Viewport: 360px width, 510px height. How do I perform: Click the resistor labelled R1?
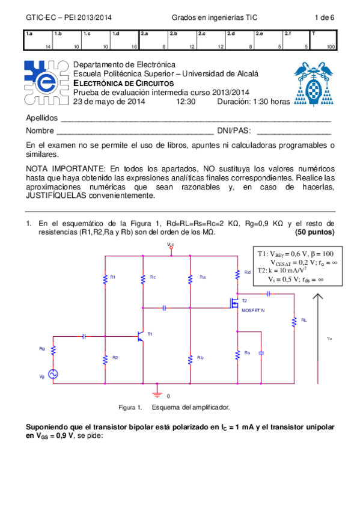(x=106, y=278)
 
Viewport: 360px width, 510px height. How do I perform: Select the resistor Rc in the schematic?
(x=143, y=278)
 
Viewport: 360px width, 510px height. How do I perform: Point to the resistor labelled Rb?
(x=190, y=358)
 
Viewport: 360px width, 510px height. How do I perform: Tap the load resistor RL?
(x=294, y=322)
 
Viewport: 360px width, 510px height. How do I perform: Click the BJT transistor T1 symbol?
(x=141, y=336)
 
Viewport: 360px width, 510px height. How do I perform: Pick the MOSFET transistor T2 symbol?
(x=234, y=304)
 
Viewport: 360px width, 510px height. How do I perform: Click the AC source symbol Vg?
(x=53, y=374)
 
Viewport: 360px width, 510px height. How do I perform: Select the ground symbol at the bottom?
(x=157, y=393)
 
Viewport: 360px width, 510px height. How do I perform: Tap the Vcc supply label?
(x=171, y=245)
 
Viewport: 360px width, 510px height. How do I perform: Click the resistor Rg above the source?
(x=53, y=350)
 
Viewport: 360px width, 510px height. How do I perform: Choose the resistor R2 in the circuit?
(x=106, y=358)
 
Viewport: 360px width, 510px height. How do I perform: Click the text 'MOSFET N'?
(x=252, y=310)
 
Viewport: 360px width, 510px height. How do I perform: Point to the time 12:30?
(x=186, y=102)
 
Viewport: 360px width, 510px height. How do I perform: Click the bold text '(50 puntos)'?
(x=315, y=232)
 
